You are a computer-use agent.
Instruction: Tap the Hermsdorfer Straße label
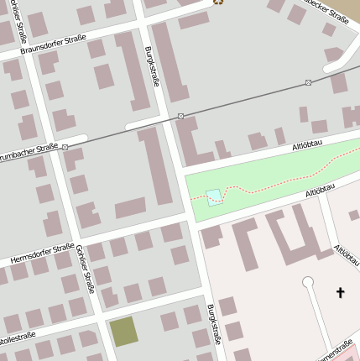(42, 254)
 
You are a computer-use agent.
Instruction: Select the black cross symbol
(340, 292)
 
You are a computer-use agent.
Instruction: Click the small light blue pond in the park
(214, 196)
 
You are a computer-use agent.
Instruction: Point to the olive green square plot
(124, 332)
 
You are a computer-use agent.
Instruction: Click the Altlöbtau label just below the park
(322, 193)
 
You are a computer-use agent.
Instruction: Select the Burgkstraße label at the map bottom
(215, 323)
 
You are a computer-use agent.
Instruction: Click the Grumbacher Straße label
(29, 153)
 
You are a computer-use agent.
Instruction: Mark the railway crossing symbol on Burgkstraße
(181, 116)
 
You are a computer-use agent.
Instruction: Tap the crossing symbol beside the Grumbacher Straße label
(65, 146)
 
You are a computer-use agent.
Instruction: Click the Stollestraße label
(17, 339)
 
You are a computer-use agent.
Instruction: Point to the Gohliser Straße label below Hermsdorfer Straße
(85, 275)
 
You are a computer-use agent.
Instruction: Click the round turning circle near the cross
(308, 282)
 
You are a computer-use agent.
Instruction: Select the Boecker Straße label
(327, 11)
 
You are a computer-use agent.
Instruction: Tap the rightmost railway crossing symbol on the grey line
(309, 82)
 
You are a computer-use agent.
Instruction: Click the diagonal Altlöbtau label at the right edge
(347, 256)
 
